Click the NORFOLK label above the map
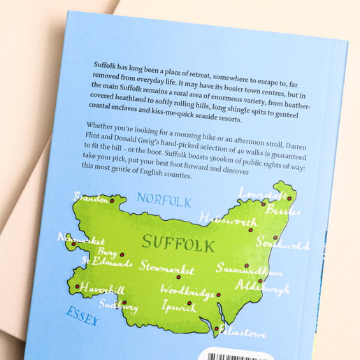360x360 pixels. (164, 201)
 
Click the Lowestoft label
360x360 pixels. (259, 192)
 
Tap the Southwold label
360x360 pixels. (282, 245)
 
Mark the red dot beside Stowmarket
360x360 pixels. (178, 277)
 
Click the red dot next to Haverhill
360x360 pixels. (77, 286)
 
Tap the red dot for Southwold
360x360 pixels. (275, 238)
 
